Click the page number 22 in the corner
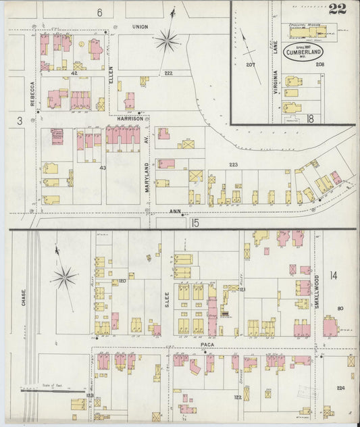coord(338,9)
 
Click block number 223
coord(234,164)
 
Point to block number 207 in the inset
coord(251,65)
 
